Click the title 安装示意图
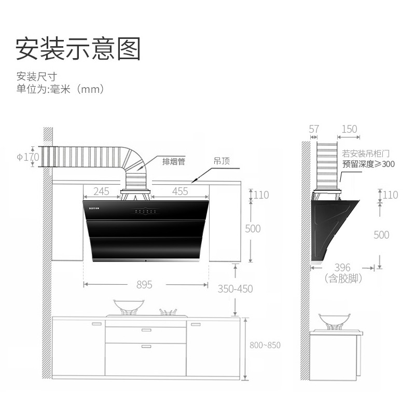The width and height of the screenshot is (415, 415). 78,49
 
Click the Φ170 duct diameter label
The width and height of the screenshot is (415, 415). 27,156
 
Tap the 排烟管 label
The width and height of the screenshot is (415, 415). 174,161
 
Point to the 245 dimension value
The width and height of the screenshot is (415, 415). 101,191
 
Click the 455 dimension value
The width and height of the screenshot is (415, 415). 179,191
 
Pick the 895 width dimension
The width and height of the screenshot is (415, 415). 144,285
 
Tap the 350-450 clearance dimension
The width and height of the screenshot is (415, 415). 235,289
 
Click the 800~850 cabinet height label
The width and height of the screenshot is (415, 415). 265,345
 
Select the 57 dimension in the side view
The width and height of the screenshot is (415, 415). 314,129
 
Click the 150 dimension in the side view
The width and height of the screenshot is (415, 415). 349,129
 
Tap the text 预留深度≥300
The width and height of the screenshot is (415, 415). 368,164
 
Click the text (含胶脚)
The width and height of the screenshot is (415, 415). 343,279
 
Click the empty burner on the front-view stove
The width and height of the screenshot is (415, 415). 168,312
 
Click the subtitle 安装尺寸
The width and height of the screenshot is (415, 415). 34,76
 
